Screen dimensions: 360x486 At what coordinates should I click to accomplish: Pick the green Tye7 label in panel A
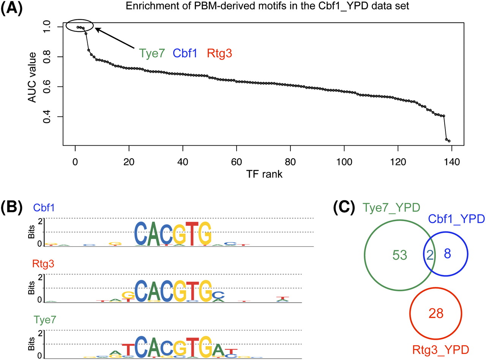click(x=152, y=54)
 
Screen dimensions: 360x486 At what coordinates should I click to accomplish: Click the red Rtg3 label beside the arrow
click(x=218, y=54)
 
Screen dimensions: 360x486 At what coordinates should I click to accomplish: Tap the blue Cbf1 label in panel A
click(x=185, y=54)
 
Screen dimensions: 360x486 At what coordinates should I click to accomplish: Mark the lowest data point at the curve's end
click(x=449, y=141)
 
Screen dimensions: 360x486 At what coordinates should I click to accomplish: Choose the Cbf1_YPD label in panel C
click(x=456, y=219)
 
